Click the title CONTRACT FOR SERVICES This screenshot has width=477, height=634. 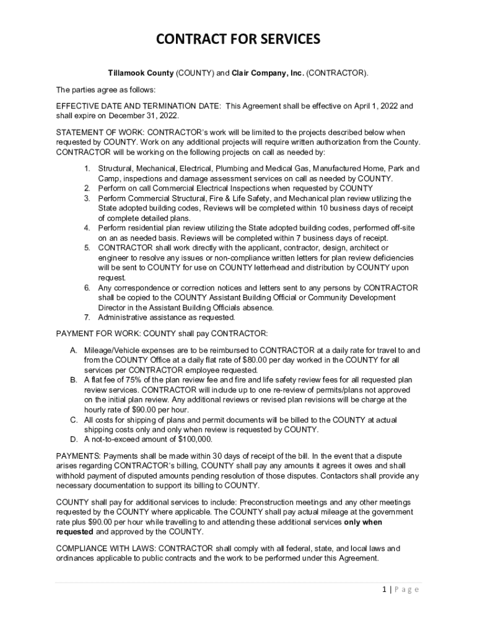tap(238, 40)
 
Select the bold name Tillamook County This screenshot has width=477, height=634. tap(141, 73)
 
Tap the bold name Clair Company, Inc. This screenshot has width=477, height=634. tap(268, 73)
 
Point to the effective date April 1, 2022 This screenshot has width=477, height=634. tap(370, 106)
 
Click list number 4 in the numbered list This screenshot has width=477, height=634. tap(87, 228)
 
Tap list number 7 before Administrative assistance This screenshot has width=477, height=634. tap(87, 318)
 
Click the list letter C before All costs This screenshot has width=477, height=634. tap(73, 420)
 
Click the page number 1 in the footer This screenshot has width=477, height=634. tap(385, 589)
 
